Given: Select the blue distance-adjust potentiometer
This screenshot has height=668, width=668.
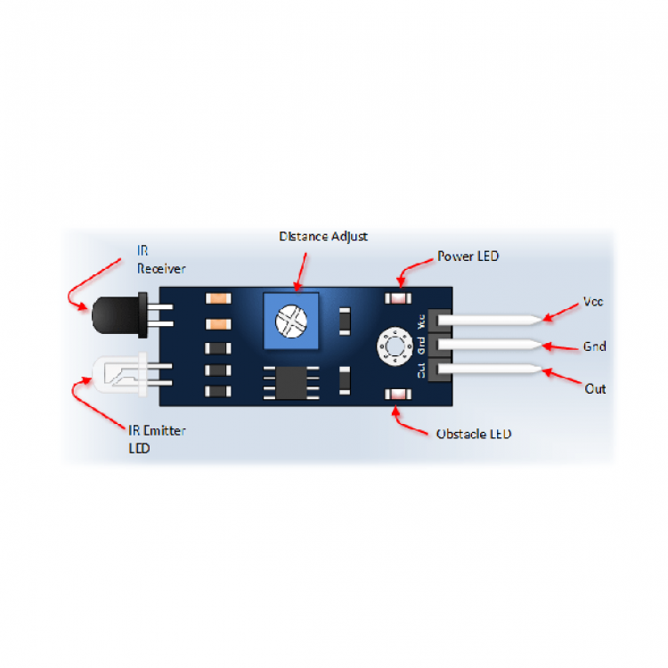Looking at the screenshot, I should (x=290, y=318).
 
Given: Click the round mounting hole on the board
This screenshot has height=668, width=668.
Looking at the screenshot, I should (x=392, y=346).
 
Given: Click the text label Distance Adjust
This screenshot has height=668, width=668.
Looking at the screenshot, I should (x=322, y=237).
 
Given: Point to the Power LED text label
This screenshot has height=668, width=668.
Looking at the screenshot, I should (x=468, y=257).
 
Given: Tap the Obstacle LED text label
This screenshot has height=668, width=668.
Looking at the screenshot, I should (x=474, y=434).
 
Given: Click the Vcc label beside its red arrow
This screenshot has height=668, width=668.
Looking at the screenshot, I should (x=593, y=301).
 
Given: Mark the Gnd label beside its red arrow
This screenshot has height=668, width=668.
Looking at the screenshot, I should (x=594, y=346).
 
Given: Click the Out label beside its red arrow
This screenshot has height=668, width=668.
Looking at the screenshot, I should (x=595, y=388).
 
